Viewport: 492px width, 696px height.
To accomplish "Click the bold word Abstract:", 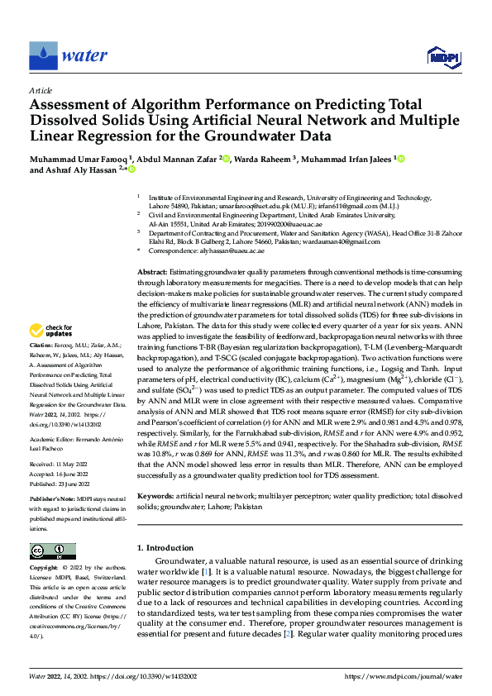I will [x=152, y=272].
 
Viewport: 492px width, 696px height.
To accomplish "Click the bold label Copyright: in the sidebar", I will [x=44, y=569].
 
